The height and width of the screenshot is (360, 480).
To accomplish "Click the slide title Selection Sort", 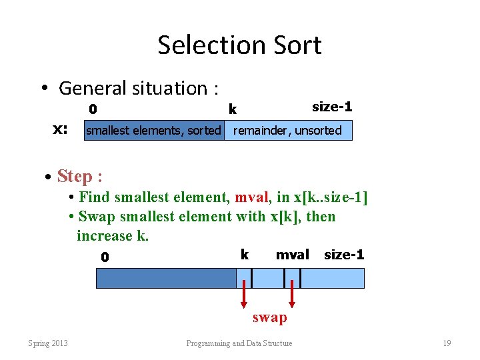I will pos(239,45).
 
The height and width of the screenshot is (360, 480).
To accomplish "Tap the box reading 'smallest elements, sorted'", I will pos(153,131).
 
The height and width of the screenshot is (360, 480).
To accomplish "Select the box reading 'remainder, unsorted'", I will pos(287,131).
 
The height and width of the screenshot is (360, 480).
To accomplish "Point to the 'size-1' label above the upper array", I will pos(332,107).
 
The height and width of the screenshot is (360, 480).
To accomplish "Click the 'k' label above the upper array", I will pos(232,109).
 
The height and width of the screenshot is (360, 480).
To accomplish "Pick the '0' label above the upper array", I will pos(93,109).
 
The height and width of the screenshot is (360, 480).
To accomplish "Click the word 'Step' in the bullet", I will pos(74,176).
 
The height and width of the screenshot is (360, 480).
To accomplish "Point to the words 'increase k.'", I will pos(112,236).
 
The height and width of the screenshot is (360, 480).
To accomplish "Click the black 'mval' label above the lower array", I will pos(293,255).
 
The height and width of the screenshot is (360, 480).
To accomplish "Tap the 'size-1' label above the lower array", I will pos(344,255).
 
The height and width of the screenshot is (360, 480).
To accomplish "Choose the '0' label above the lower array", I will pos(105,257).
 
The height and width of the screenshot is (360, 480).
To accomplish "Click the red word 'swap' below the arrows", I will pos(269,317).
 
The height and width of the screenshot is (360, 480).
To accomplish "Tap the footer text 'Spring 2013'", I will pos(47,343).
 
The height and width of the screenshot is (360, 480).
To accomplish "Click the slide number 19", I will pos(447,343).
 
